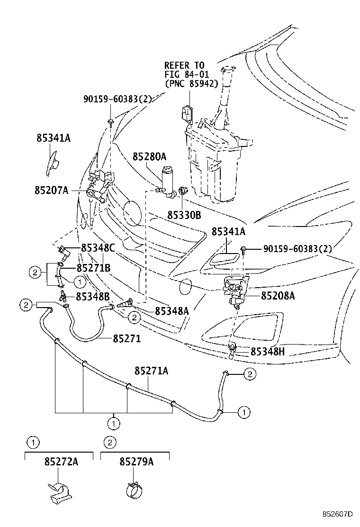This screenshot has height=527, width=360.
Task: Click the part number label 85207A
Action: click(x=52, y=190)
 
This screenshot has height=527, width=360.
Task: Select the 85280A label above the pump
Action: click(x=150, y=156)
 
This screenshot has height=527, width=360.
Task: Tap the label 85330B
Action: click(x=184, y=215)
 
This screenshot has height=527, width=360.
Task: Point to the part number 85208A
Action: click(x=278, y=296)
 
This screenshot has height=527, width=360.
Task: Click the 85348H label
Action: click(x=268, y=351)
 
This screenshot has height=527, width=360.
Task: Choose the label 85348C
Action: click(x=98, y=247)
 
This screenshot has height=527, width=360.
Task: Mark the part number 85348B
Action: click(x=93, y=296)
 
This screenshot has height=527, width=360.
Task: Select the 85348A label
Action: click(x=172, y=310)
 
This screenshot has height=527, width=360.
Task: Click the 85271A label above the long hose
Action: click(x=151, y=371)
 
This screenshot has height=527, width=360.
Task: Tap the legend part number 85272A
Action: click(x=61, y=461)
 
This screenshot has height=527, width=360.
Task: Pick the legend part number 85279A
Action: click(x=136, y=461)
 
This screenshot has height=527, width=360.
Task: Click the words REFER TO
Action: click(x=184, y=65)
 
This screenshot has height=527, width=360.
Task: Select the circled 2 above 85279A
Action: click(x=109, y=443)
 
